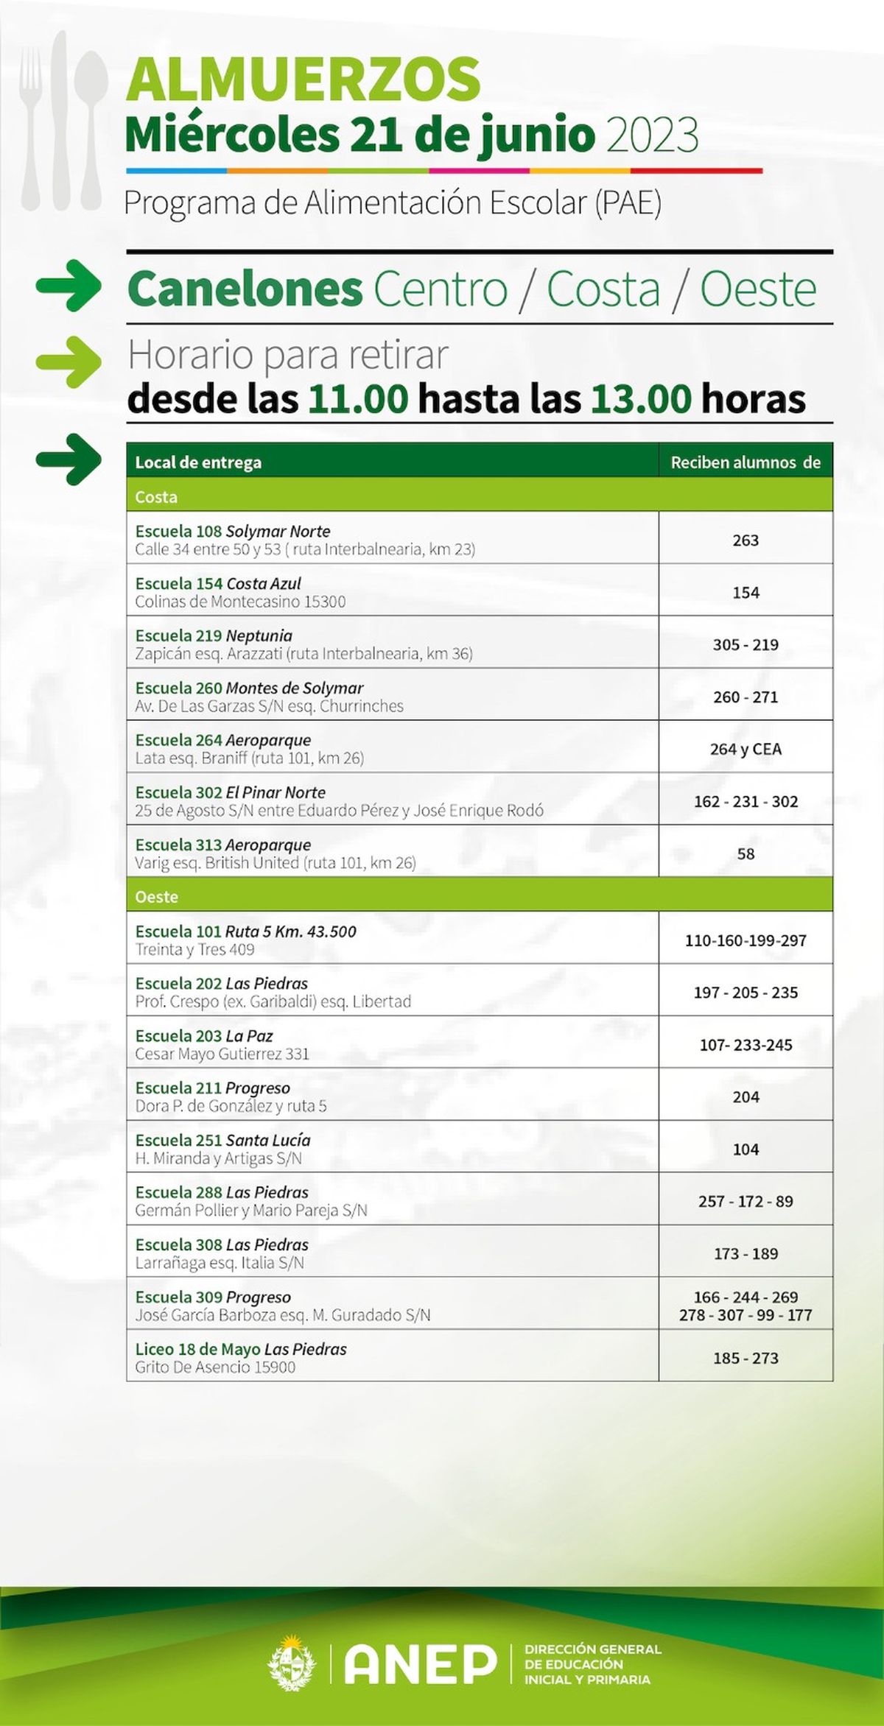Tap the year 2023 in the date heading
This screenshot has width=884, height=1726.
(x=651, y=135)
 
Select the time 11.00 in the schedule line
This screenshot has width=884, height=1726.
(x=358, y=399)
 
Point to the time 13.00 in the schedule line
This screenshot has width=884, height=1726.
(x=641, y=399)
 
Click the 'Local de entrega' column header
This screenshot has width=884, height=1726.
(x=198, y=462)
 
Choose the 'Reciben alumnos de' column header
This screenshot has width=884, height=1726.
(x=745, y=462)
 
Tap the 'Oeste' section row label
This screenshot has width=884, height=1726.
(x=156, y=897)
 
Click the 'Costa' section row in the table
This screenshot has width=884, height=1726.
(x=156, y=497)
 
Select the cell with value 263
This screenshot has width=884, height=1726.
(x=746, y=540)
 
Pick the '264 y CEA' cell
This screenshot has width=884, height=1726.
(x=746, y=749)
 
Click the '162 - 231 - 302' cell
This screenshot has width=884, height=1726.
(x=746, y=801)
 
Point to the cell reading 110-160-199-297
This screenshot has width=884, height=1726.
(x=746, y=940)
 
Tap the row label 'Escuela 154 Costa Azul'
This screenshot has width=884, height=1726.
(x=218, y=583)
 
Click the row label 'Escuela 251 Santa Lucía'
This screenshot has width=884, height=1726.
(x=222, y=1140)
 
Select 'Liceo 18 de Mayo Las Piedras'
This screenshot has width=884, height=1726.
(x=241, y=1349)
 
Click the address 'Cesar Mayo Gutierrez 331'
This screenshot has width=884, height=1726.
(x=222, y=1054)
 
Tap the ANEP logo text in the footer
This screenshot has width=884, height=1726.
(x=421, y=1664)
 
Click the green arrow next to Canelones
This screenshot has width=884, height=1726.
(x=69, y=286)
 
